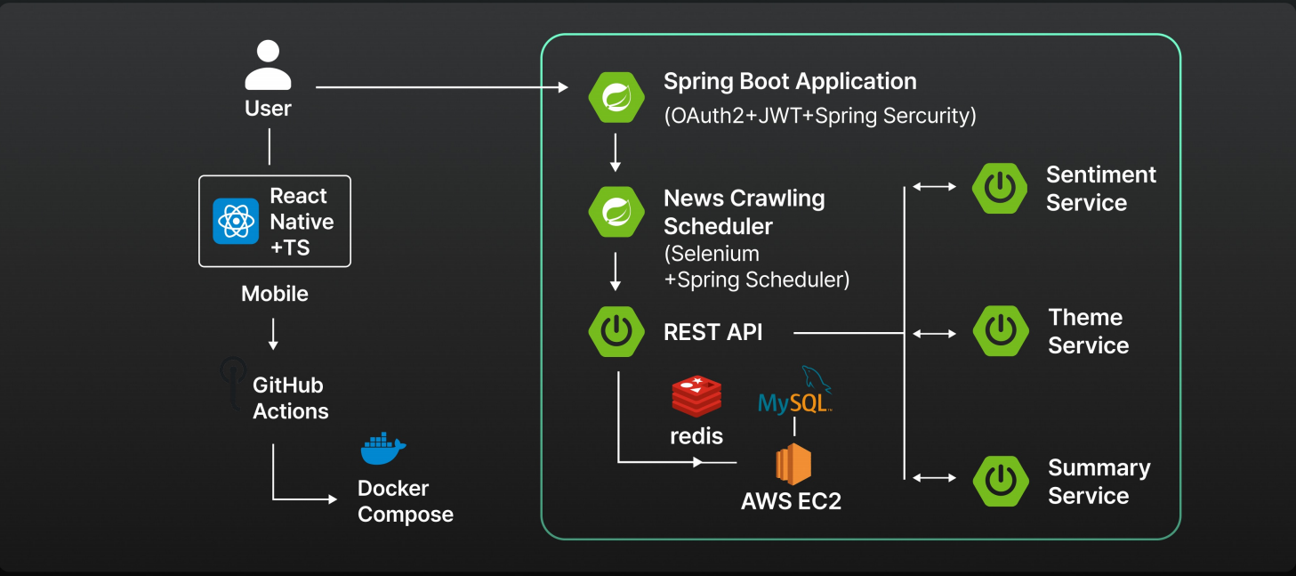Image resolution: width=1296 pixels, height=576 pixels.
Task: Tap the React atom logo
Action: (236, 222)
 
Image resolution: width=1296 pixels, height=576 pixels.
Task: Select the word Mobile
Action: (275, 294)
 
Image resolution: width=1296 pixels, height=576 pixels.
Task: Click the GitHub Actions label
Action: (290, 398)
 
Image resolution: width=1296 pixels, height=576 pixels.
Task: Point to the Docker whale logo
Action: (383, 450)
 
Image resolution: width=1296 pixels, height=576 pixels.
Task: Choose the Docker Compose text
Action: (406, 501)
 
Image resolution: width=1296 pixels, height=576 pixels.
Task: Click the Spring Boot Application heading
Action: (790, 82)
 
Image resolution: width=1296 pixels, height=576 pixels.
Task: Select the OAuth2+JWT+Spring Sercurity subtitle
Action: (819, 116)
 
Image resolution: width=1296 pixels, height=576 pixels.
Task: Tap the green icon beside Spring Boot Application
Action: (616, 96)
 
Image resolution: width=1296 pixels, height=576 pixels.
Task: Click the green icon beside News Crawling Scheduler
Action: (616, 211)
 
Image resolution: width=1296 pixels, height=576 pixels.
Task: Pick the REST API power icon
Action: (616, 332)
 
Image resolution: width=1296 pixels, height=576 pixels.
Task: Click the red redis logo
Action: (696, 397)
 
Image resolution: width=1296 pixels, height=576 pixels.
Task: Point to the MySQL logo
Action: (795, 392)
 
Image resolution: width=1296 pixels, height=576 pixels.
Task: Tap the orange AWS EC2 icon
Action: (793, 464)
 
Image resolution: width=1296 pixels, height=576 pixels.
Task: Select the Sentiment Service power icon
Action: (1000, 188)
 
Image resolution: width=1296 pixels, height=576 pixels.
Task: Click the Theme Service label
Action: (1088, 331)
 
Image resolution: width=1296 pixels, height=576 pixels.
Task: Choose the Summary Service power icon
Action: (1001, 481)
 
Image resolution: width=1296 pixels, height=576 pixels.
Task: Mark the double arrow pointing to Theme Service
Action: (934, 334)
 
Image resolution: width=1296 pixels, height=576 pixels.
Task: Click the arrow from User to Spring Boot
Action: (441, 87)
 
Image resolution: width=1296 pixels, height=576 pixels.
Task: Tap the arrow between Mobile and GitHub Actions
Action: (273, 334)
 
